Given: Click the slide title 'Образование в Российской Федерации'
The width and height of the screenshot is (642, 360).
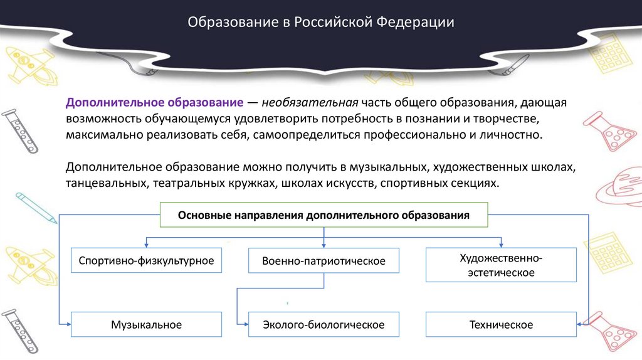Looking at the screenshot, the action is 321,23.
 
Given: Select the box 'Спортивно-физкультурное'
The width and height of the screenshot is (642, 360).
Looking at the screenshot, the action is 147,260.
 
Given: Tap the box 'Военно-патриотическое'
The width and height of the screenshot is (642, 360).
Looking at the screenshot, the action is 324,260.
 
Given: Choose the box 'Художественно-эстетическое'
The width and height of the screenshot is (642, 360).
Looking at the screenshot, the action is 501,265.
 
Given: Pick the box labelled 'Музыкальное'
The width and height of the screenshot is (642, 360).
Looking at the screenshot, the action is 147,324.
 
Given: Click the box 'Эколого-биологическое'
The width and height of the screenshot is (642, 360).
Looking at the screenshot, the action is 324,324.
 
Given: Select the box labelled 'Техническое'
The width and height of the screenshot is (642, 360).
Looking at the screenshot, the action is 501,324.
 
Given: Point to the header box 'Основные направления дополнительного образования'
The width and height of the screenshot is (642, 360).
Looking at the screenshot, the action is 324,215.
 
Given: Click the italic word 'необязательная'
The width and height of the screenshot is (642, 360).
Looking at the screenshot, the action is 310,102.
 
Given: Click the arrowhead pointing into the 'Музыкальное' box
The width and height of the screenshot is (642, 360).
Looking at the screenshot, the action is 68,324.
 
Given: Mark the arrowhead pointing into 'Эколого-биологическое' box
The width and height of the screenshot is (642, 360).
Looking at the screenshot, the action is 245,324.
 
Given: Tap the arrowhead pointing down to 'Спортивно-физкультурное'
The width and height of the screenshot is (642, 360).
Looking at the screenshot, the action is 147,245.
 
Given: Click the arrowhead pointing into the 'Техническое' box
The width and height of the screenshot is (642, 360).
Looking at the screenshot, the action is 579,324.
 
